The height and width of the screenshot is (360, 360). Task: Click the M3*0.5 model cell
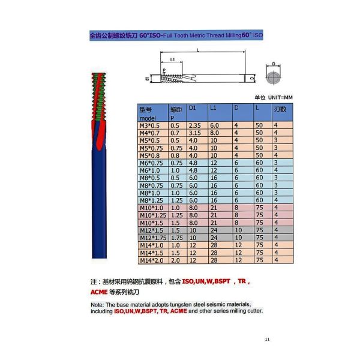click(149, 125)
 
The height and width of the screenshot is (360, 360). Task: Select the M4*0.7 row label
click(149, 133)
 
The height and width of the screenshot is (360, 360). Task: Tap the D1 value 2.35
click(194, 125)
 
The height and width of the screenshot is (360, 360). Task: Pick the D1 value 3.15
click(194, 133)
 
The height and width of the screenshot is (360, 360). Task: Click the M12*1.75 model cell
click(153, 238)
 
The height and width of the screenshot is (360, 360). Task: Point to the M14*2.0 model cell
click(152, 260)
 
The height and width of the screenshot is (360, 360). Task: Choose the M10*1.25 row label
click(153, 215)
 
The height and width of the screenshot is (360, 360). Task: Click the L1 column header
click(213, 107)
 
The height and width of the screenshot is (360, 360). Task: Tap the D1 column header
click(193, 107)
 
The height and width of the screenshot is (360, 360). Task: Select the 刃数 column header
click(280, 109)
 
